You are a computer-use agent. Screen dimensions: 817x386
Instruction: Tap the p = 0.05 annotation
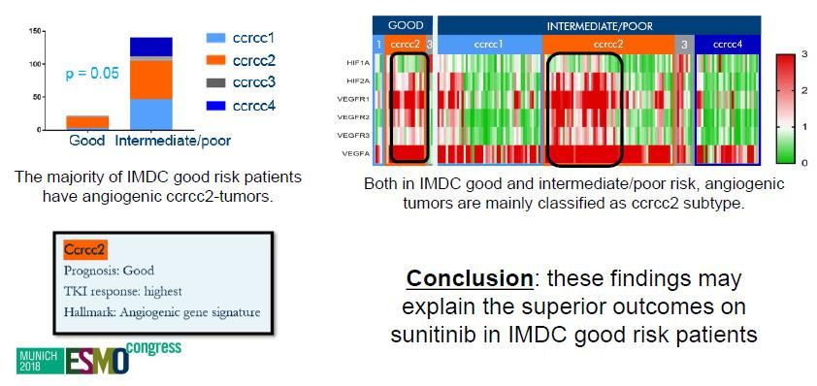click(x=92, y=74)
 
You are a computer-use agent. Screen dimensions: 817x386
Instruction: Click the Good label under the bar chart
click(x=87, y=140)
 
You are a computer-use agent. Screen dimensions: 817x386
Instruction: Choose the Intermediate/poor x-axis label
click(x=172, y=141)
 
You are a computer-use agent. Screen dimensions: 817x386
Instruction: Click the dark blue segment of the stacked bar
click(x=151, y=47)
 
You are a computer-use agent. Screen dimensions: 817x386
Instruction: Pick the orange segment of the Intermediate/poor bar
click(x=151, y=80)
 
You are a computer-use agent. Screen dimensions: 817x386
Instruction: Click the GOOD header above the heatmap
click(x=403, y=25)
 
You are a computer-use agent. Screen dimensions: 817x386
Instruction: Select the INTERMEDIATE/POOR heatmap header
click(x=600, y=25)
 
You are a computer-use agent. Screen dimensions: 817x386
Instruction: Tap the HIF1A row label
click(x=362, y=64)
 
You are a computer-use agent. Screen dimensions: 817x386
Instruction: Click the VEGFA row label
click(x=361, y=153)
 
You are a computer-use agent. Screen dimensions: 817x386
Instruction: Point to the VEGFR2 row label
click(x=360, y=117)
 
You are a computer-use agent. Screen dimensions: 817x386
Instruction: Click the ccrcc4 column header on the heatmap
click(x=728, y=45)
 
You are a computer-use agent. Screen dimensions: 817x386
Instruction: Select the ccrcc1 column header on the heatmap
click(x=489, y=45)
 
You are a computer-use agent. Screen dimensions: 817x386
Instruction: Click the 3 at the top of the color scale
click(x=804, y=54)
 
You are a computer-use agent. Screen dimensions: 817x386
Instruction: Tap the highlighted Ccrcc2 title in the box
click(x=85, y=250)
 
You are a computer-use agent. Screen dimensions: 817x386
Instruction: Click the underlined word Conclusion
click(x=470, y=278)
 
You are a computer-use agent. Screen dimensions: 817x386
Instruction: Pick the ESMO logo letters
click(x=97, y=360)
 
